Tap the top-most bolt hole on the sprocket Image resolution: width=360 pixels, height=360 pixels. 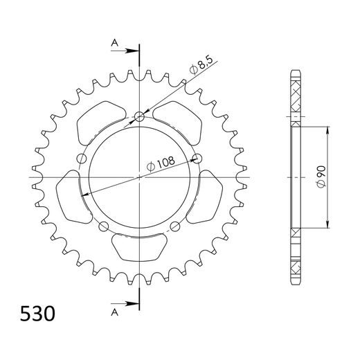click(x=140, y=116)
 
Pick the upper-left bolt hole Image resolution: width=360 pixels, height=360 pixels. click(x=82, y=159)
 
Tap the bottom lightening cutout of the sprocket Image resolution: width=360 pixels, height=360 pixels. click(x=140, y=246)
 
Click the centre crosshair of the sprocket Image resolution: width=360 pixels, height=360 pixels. click(x=140, y=177)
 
